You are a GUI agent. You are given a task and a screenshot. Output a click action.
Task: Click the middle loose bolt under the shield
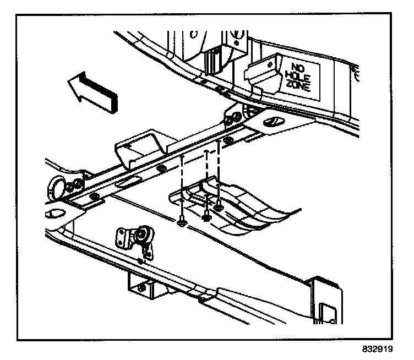206,216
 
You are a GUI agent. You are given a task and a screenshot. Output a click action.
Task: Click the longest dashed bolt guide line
182,187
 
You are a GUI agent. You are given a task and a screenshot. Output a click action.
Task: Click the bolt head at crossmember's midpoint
161,168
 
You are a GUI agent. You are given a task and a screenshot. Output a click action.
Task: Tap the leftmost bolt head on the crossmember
94,195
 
